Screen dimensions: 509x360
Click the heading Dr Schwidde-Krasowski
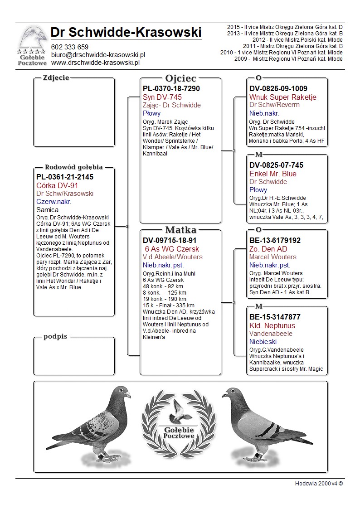coord(126,32)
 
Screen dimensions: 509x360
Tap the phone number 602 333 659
coord(70,47)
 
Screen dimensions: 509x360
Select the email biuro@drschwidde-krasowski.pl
coord(98,55)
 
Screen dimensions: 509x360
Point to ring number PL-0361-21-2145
coord(65,177)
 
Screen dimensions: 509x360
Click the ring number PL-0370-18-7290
coord(171,89)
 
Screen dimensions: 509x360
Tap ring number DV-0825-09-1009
coord(278,89)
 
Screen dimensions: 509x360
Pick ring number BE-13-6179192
coord(275,241)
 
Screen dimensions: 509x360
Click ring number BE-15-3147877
coord(275,317)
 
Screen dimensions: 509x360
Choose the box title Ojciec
coord(180,78)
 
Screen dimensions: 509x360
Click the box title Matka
coord(180,230)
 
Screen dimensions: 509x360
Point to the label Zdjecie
coord(56,78)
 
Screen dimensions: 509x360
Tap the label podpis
coord(55,337)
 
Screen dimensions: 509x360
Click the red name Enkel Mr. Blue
coord(273,174)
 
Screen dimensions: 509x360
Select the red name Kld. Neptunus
coord(272,326)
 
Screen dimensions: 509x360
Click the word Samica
coord(48,210)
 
